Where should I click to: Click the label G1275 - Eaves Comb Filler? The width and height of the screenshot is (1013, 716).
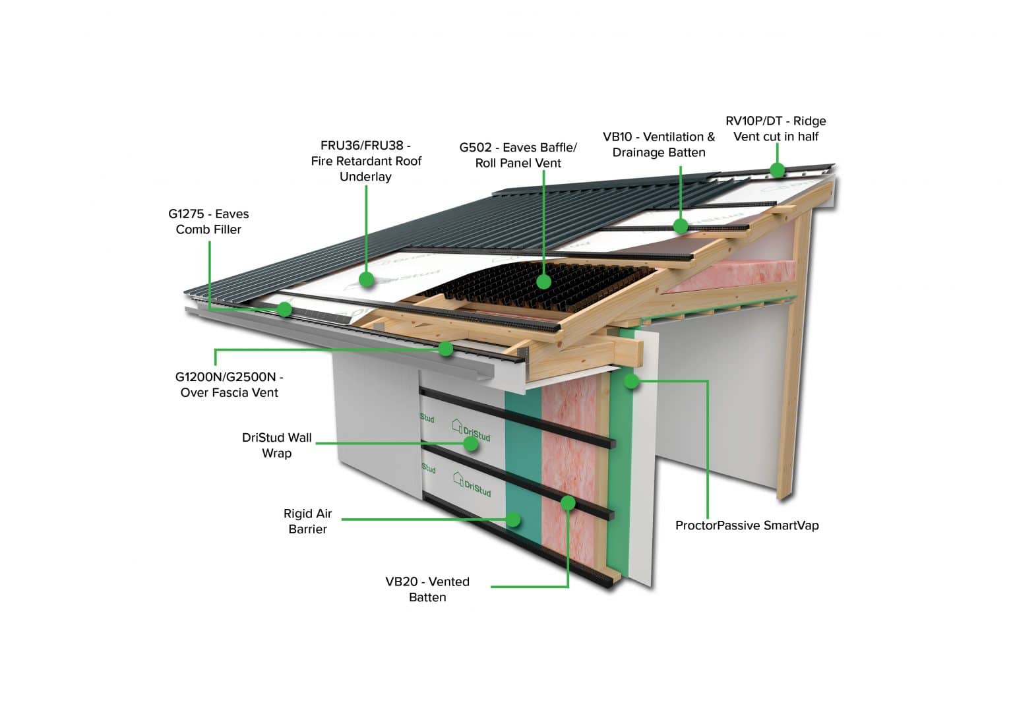click(x=208, y=222)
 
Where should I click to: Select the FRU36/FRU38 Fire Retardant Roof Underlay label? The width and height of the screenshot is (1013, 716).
click(x=366, y=161)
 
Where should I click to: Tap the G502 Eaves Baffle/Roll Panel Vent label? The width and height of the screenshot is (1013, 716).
click(x=518, y=155)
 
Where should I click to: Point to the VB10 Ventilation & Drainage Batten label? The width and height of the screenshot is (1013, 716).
click(x=658, y=144)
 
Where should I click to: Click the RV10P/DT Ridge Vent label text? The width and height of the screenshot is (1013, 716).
click(x=776, y=129)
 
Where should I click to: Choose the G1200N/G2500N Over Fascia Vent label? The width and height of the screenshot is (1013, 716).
click(x=229, y=384)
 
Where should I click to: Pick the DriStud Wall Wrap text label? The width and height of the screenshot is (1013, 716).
click(x=277, y=445)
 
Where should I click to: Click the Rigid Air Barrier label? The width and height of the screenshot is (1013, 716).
click(x=307, y=521)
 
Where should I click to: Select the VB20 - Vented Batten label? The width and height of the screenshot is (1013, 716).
click(x=427, y=589)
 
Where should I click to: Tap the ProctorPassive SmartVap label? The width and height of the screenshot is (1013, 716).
click(x=747, y=525)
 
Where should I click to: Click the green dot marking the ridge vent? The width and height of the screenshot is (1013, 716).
click(x=778, y=170)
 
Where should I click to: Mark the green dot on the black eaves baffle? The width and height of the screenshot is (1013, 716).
click(x=543, y=282)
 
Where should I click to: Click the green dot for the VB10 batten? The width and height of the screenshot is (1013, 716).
click(x=681, y=226)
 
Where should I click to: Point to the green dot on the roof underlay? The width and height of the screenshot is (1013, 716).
click(x=367, y=280)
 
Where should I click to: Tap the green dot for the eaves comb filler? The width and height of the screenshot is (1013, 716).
click(x=285, y=309)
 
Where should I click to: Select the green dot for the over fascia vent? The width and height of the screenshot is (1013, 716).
click(x=446, y=349)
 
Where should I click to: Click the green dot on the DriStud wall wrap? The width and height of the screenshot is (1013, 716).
click(x=471, y=444)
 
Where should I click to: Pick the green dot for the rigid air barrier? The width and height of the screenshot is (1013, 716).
click(x=513, y=520)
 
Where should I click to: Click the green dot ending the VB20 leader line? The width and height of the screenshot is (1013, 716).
click(x=568, y=504)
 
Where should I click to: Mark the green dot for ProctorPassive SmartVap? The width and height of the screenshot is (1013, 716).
click(x=632, y=380)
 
